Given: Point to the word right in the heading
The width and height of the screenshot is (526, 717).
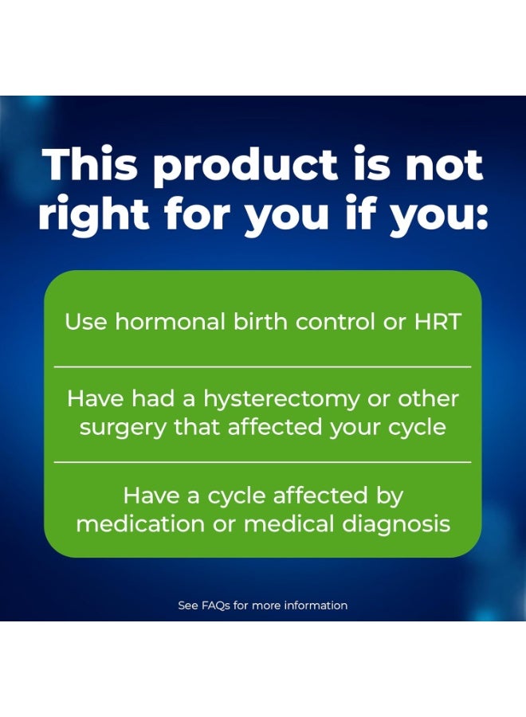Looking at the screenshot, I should coord(93,215).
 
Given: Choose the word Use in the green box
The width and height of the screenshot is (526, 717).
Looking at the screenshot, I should coord(85,322).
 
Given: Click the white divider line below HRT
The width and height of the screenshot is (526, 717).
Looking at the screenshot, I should coord(262,366).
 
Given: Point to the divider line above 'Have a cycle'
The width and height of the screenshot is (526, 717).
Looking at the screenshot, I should coord(262,462).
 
